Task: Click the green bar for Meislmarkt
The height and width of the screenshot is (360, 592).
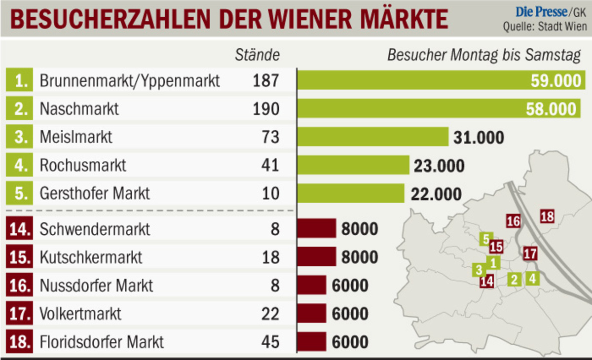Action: pos(372,137)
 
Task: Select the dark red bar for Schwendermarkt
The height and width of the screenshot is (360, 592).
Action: pos(317,229)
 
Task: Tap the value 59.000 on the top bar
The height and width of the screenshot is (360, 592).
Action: pos(556,81)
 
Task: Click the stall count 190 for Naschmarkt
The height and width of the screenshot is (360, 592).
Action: pos(266,108)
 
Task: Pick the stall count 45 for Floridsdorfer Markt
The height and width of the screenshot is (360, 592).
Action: pos(270,342)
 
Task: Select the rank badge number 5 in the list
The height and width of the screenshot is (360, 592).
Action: pos(20,193)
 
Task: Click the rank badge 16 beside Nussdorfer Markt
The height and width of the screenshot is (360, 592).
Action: pos(20,286)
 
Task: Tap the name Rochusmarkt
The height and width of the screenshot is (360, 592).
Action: pos(83,165)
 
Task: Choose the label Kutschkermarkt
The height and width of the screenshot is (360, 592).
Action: pos(91,257)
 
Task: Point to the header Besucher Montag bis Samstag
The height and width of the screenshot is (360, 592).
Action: pos(483,55)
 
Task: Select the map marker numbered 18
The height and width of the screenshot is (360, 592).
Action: pos(547,216)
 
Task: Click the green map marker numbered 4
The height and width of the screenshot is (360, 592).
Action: pos(532,278)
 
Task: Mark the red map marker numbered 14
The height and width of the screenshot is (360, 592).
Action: pos(486,282)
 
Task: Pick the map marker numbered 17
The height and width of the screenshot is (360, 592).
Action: pos(530,254)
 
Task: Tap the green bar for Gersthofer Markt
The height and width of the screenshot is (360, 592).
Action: pos(351,193)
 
